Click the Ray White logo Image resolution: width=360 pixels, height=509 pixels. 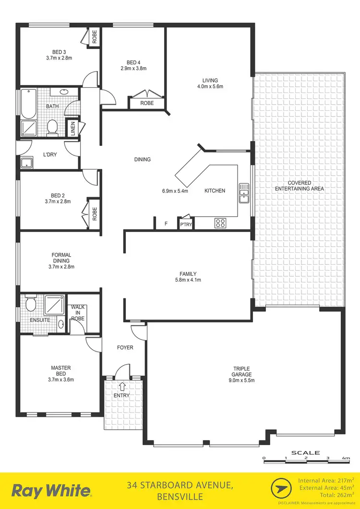coord(51,490)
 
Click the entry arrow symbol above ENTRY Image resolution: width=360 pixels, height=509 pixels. coord(122,386)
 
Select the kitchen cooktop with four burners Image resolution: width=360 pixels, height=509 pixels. coord(220,223)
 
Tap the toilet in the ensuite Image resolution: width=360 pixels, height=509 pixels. coord(31,304)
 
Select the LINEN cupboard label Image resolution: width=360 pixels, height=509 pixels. coord(73,129)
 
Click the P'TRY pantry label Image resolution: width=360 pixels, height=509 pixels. coord(185,224)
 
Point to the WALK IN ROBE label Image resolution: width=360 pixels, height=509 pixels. coord(78,312)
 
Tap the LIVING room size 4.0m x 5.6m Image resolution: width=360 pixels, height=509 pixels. coord(210,87)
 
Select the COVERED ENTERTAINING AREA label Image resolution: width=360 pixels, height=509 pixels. coord(300,186)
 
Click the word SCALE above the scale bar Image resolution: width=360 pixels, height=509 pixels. coord(306,452)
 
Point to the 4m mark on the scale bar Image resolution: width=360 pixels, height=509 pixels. coord(346,459)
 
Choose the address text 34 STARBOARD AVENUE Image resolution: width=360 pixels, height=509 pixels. coord(180,485)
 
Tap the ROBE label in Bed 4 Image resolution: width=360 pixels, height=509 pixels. coord(147,103)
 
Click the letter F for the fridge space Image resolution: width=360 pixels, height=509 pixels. coord(166,224)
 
